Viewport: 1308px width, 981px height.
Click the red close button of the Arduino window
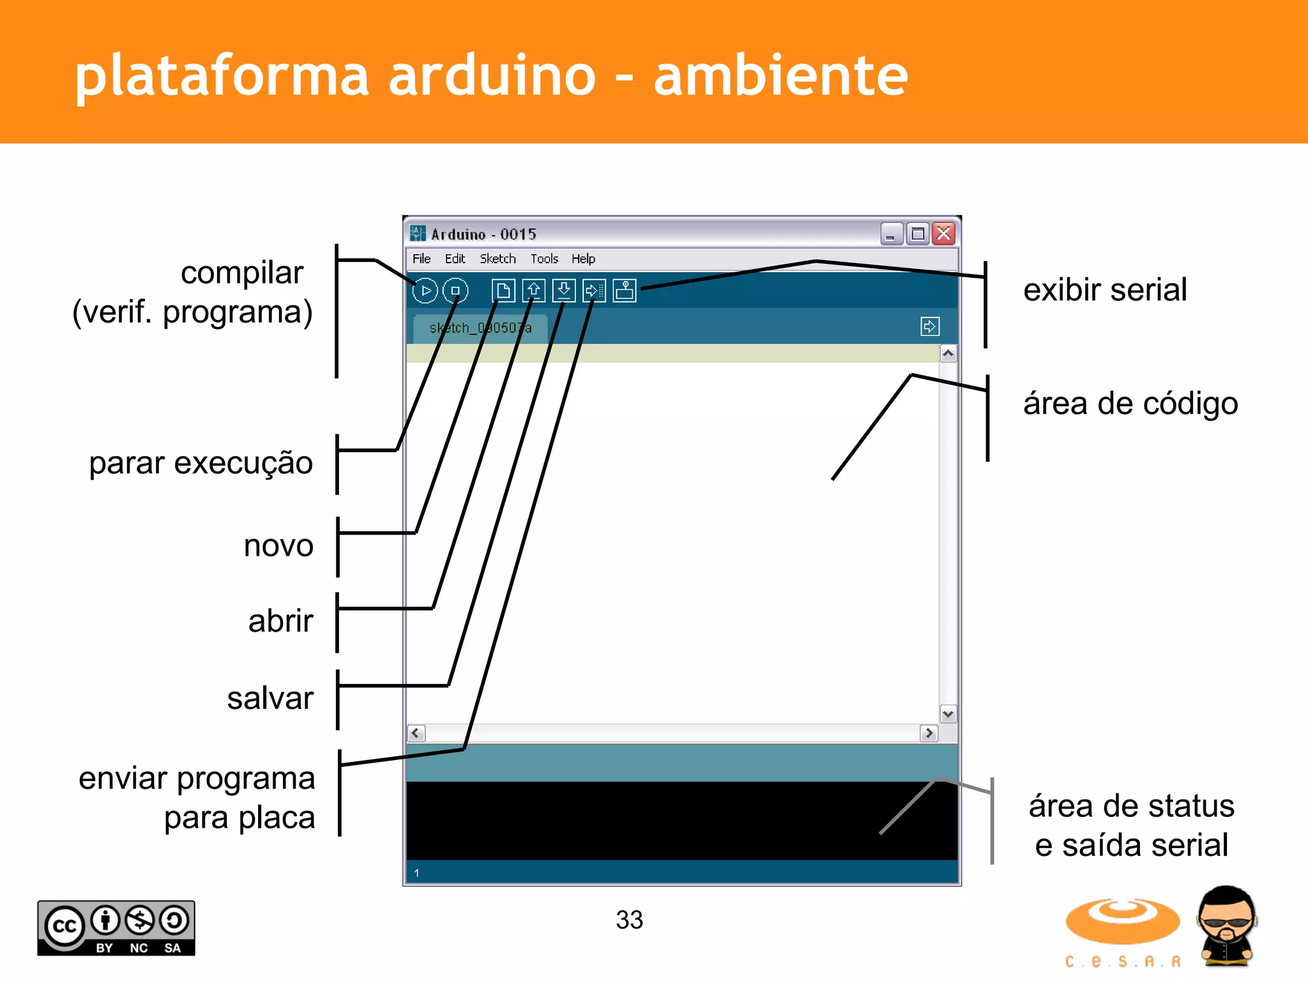943,234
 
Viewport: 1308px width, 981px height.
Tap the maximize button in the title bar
918,234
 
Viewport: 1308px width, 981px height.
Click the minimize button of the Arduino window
892,234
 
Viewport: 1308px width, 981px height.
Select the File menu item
422,259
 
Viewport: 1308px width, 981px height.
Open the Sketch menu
498,259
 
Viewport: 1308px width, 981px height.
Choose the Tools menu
544,259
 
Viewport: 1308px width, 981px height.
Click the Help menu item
583,259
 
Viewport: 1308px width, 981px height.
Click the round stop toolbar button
455,291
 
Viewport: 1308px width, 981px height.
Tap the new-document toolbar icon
503,291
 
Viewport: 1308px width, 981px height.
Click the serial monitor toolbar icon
625,291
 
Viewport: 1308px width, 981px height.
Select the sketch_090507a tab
480,328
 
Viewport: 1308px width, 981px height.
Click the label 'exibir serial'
1105,290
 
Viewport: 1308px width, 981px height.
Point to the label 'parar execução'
201,463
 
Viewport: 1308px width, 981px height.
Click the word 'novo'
278,546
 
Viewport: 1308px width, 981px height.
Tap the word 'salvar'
270,698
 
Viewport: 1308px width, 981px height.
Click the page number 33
629,920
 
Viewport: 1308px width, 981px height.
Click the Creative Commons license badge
116,928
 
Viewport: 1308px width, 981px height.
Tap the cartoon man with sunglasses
1226,926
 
